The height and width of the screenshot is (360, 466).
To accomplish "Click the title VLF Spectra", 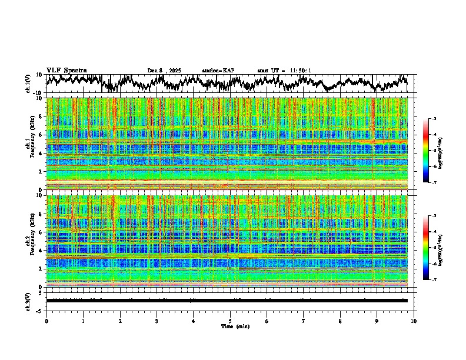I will coord(66,71).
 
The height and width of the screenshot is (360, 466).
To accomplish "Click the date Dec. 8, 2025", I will coord(164,71).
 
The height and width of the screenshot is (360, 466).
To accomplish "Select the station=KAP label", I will coord(218,71).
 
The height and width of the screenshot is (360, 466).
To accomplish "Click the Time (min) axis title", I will coord(231,326).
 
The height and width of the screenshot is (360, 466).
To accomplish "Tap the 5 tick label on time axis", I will coord(230,321).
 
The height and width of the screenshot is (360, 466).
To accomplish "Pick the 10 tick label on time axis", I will coord(414,321).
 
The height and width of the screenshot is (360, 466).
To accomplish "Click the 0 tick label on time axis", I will coord(46,321).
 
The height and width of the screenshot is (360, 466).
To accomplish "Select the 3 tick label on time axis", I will coord(157,321).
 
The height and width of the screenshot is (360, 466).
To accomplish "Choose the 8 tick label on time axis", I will coord(340,321).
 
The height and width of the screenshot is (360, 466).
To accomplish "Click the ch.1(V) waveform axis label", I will coord(28,84).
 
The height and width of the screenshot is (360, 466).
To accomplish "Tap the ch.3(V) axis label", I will coord(28,300).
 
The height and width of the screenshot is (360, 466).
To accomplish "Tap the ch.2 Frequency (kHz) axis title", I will coord(29,241).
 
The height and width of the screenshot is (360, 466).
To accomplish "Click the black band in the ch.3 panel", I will coord(227,301).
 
